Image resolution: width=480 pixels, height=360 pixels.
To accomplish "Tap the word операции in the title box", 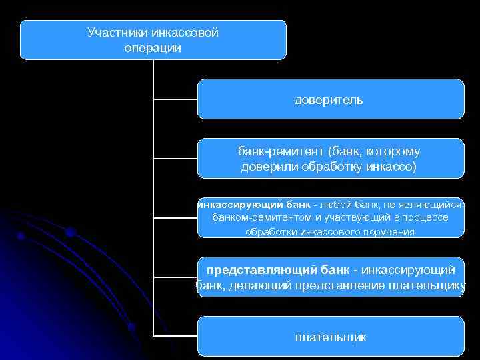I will point(153,48).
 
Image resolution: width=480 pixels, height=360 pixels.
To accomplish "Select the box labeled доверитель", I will point(330,99).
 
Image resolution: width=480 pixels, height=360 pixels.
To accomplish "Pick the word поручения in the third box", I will point(390,233).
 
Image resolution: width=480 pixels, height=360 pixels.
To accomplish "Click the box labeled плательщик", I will point(330,337).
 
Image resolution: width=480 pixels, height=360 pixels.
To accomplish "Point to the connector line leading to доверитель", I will point(175,100).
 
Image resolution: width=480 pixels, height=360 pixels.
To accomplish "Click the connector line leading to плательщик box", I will point(175,335).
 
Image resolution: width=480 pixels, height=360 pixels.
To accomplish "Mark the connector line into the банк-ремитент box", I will point(175,159).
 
